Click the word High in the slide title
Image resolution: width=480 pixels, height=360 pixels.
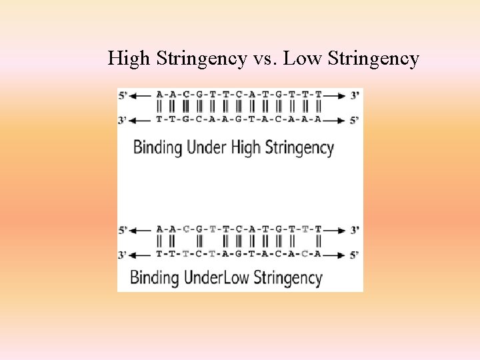tap(129, 59)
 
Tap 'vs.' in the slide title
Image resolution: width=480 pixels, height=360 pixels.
tap(267, 59)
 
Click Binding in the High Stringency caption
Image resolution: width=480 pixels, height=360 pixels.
tap(158, 147)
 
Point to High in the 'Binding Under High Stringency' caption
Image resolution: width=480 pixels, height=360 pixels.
tap(245, 147)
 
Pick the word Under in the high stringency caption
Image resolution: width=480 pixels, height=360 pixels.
tap(207, 147)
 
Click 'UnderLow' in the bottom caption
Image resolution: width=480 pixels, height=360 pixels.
tap(213, 277)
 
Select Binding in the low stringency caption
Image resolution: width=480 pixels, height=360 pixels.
tap(154, 277)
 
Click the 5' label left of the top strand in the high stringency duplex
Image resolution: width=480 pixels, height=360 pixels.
tap(123, 96)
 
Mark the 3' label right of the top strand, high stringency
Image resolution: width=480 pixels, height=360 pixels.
tap(355, 96)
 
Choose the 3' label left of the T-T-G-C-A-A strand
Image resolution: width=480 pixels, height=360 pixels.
tap(123, 121)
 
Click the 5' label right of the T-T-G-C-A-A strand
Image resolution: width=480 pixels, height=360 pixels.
tap(355, 121)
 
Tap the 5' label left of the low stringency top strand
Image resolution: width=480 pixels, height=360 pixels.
tap(123, 230)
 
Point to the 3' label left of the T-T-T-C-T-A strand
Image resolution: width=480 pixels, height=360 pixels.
tap(123, 255)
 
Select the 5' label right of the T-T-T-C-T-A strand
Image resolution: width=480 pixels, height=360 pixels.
tap(355, 255)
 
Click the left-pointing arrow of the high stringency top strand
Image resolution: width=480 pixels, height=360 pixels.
tap(141, 96)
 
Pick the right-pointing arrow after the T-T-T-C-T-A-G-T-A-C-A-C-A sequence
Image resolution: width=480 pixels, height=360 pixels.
tap(337, 255)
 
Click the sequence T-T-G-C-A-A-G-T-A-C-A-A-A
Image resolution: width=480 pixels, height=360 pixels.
tap(239, 120)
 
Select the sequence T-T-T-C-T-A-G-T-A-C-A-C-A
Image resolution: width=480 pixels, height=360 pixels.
tap(239, 254)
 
